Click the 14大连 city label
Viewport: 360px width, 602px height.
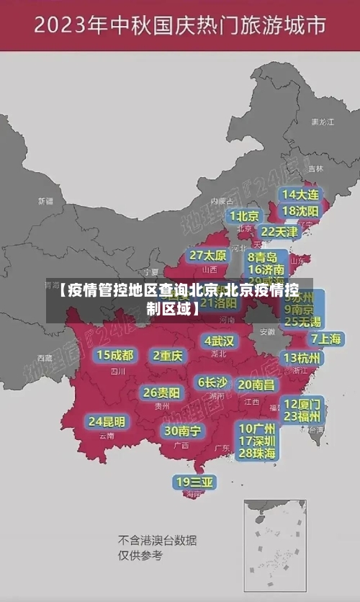pyautogui.click(x=300, y=195)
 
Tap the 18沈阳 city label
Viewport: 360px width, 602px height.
pyautogui.click(x=300, y=211)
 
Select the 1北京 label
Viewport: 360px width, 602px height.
pyautogui.click(x=245, y=216)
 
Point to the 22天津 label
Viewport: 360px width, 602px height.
pyautogui.click(x=279, y=232)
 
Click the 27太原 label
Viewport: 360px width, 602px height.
pyautogui.click(x=208, y=256)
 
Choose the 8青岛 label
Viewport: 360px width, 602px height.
pyautogui.click(x=263, y=257)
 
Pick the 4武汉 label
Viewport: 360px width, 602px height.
pyautogui.click(x=219, y=341)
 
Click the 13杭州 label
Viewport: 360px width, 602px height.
pyautogui.click(x=302, y=358)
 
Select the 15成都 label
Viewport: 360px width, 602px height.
pyautogui.click(x=115, y=355)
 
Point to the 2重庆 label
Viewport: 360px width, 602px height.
pyautogui.click(x=168, y=355)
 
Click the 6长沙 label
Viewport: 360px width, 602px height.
pyautogui.click(x=212, y=382)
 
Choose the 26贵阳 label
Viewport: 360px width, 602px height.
pyautogui.click(x=161, y=393)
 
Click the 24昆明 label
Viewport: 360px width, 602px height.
pyautogui.click(x=107, y=421)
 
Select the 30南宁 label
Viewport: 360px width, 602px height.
pyautogui.click(x=182, y=431)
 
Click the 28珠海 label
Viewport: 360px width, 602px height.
pyautogui.click(x=257, y=453)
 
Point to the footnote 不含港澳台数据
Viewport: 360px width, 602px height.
pyautogui.click(x=158, y=540)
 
